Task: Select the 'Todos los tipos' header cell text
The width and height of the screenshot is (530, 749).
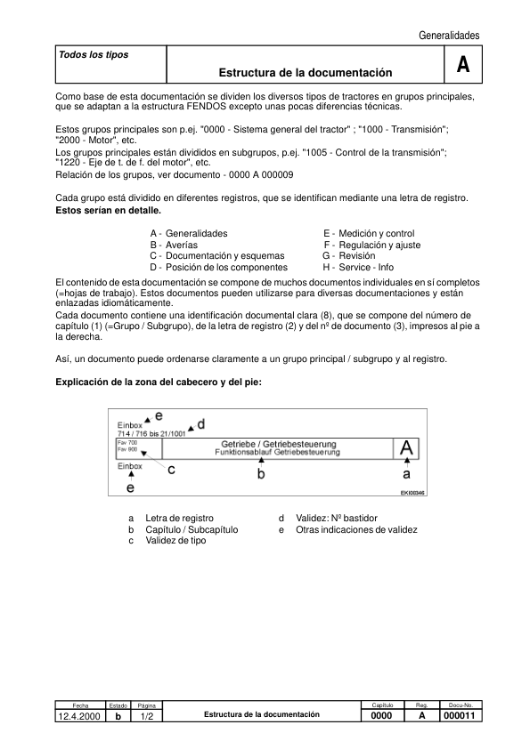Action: [93, 55]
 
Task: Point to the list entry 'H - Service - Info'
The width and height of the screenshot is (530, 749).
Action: [357, 267]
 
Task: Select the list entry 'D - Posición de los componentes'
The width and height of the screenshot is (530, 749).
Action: [218, 267]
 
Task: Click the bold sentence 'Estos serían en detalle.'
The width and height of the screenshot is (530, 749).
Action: [109, 211]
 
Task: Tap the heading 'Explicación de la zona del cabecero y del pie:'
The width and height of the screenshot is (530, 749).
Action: [159, 382]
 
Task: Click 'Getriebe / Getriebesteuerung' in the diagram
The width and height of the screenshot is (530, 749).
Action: [265, 444]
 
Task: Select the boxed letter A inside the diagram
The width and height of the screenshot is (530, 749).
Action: [407, 448]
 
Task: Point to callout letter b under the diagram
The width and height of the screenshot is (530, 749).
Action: [261, 474]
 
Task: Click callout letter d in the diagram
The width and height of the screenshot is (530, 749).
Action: [200, 424]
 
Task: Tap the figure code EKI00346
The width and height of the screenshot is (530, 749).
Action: [412, 492]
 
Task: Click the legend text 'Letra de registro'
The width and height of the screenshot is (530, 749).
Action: [179, 518]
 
